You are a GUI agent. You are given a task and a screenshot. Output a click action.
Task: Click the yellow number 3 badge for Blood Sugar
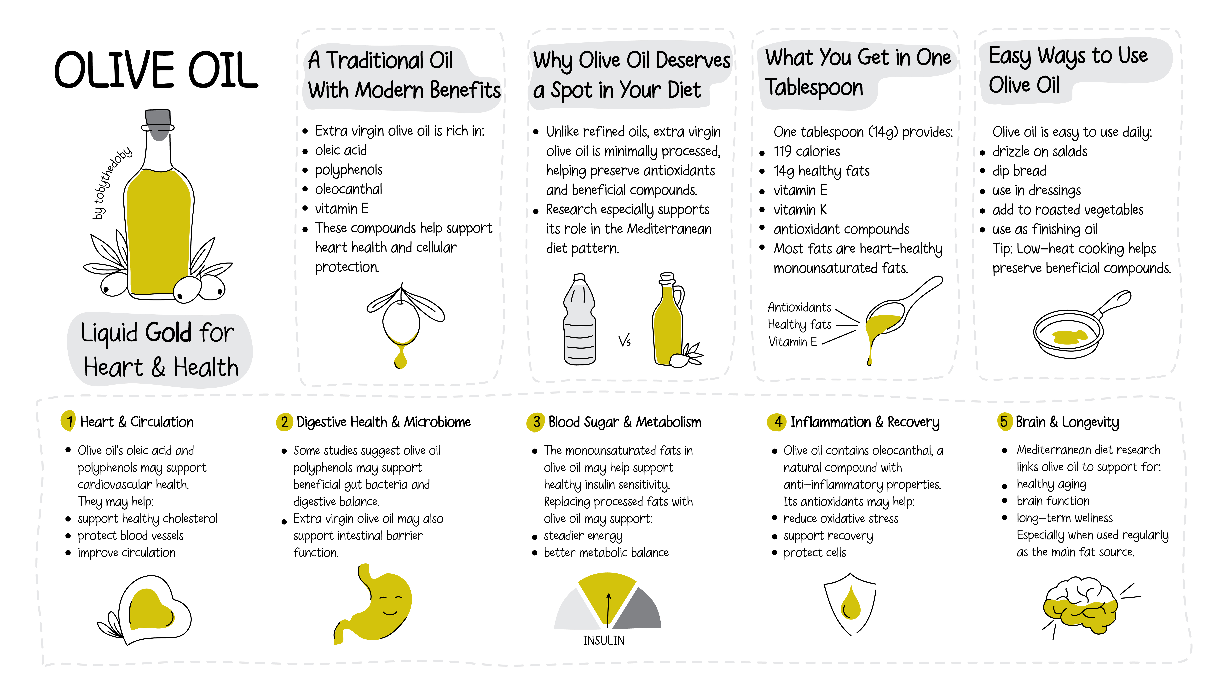tap(535, 421)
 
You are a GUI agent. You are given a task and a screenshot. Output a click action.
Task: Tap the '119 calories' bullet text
tap(807, 151)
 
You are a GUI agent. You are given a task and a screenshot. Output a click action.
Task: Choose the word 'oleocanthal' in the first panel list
tap(349, 189)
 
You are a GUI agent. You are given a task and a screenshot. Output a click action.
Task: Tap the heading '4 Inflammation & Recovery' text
tap(854, 422)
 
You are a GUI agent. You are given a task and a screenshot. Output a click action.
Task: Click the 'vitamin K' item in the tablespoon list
tap(800, 209)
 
